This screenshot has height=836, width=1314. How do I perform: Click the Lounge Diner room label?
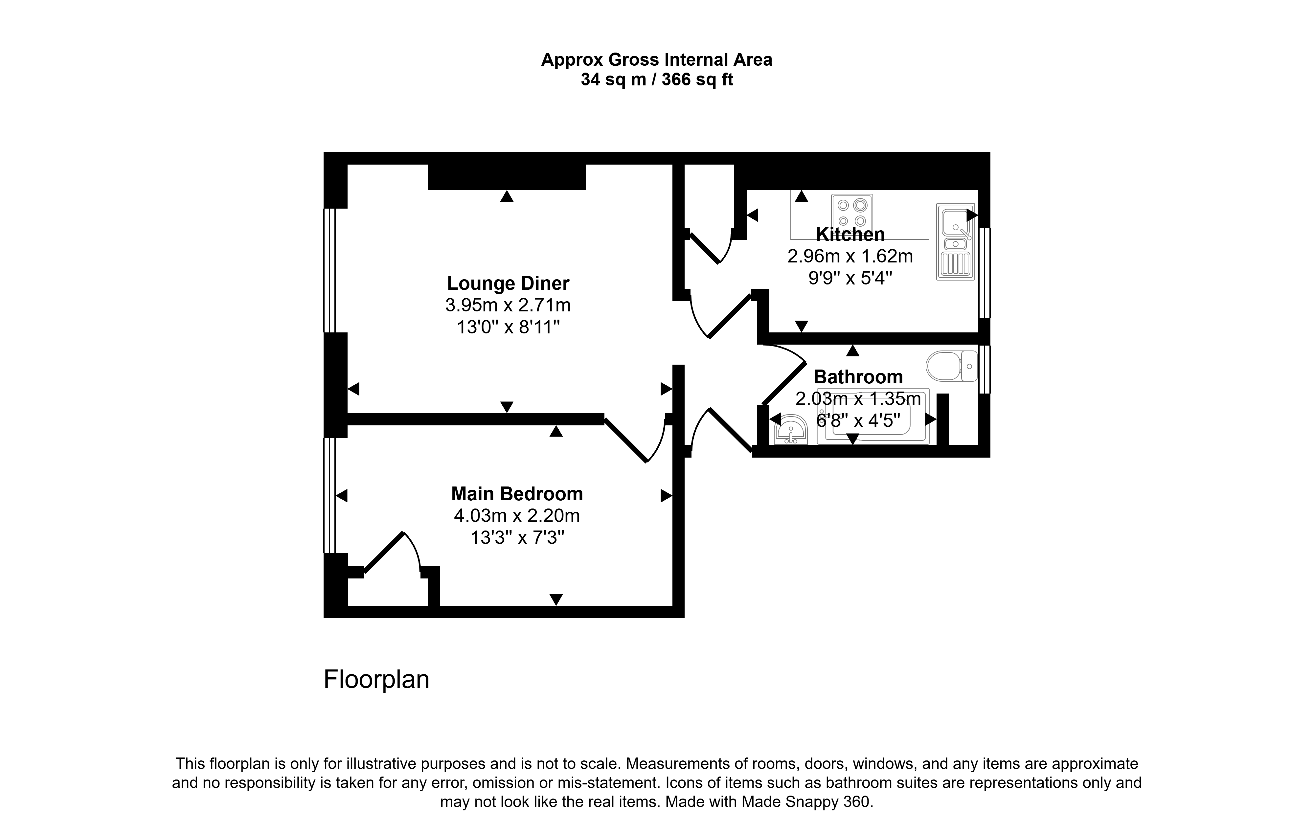click(508, 283)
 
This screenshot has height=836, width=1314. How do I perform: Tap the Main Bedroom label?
click(517, 494)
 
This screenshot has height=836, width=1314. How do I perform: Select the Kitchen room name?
click(850, 234)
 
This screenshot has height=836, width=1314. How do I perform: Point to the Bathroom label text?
click(858, 376)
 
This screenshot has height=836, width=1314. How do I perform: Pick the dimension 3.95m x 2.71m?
click(508, 305)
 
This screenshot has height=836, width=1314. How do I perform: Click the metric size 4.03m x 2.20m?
click(517, 516)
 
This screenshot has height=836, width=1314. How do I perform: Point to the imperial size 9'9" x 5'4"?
click(850, 278)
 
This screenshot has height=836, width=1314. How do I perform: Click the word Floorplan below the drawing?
click(376, 679)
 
